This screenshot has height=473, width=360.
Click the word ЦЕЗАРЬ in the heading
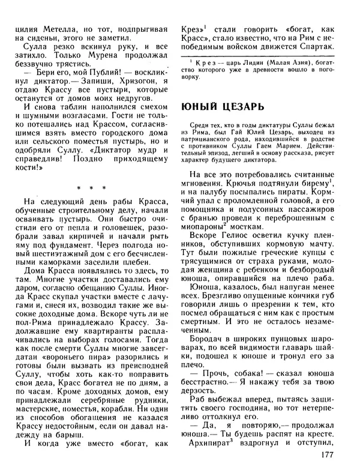(239, 106)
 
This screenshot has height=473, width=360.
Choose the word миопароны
(204, 227)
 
